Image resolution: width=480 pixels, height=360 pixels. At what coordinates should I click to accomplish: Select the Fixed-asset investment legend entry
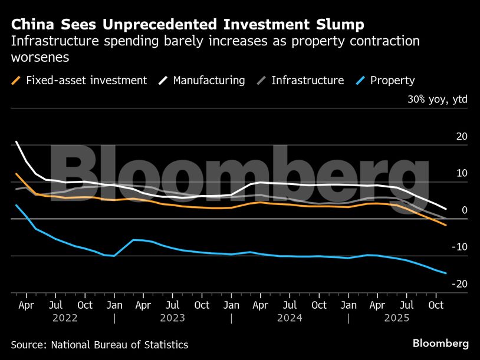pyautogui.click(x=79, y=80)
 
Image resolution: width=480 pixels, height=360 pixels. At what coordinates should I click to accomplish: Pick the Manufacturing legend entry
pyautogui.click(x=202, y=80)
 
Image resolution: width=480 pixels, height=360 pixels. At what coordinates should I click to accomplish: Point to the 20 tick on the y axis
pyautogui.click(x=462, y=137)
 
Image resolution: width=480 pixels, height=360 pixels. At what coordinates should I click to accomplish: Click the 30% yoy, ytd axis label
pyautogui.click(x=437, y=99)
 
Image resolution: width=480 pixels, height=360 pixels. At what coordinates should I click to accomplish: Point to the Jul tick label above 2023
pyautogui.click(x=172, y=305)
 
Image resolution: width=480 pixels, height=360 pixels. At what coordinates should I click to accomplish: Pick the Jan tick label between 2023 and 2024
pyautogui.click(x=231, y=305)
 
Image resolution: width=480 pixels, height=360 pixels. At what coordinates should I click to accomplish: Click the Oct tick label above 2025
pyautogui.click(x=436, y=305)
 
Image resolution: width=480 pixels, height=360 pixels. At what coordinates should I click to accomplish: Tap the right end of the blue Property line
pyautogui.click(x=446, y=273)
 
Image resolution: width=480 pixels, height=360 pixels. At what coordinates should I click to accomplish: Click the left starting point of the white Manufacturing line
pyautogui.click(x=16, y=142)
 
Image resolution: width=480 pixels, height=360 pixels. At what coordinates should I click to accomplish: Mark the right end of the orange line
pyautogui.click(x=446, y=225)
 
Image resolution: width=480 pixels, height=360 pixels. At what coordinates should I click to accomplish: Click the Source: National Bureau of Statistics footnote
pyautogui.click(x=99, y=345)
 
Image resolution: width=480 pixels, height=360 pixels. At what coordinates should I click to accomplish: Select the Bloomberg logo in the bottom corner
pyautogui.click(x=440, y=344)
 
